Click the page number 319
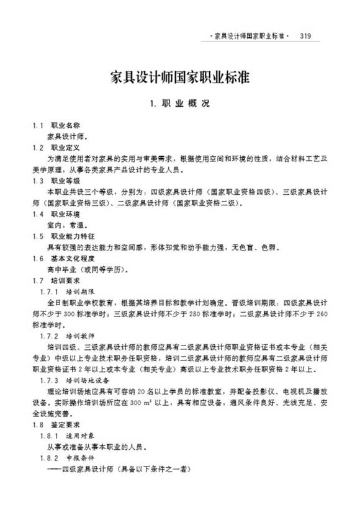[305, 36]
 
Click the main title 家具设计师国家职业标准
[179, 77]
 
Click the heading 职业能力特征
[69, 236]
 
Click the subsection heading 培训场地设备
[83, 380]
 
